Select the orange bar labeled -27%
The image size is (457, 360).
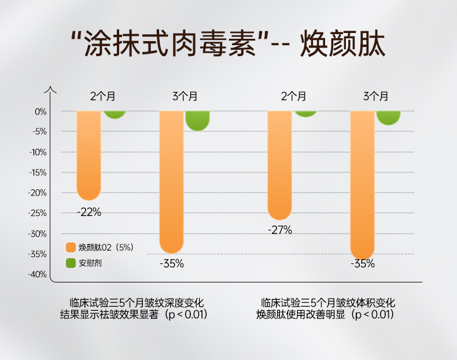point(279,165)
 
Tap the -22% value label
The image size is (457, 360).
point(89,212)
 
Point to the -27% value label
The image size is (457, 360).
point(280,230)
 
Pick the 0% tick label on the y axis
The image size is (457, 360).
point(40,111)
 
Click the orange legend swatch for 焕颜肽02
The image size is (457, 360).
point(71,247)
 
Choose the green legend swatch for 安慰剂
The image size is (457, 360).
point(71,263)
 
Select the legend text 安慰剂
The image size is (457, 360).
point(91,263)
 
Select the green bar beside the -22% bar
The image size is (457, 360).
point(115,114)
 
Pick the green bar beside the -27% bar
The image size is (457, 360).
point(305,113)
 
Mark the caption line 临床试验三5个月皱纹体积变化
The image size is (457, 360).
point(327,303)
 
